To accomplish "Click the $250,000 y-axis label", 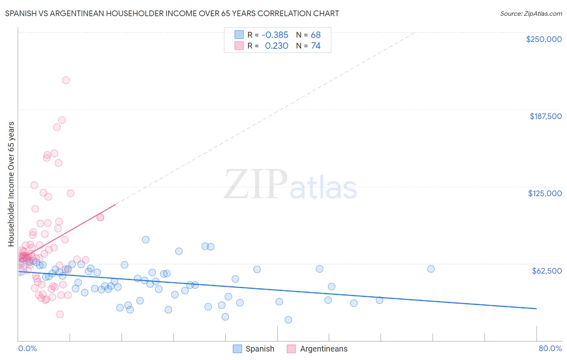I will pos(544,39).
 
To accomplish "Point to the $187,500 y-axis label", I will pos(545,116).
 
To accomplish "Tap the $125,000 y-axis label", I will pos(545,193).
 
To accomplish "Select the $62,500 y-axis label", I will pos(546,271).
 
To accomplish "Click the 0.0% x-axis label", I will pos(27,348).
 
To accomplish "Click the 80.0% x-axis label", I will pos(550,348).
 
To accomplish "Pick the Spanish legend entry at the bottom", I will pos(254,349).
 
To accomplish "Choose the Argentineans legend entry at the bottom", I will pos(317,349).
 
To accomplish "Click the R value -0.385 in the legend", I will pos(275,35).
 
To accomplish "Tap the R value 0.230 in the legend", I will pos(276,46).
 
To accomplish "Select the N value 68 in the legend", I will pos(315,35).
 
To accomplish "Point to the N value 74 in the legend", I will pos(315,46).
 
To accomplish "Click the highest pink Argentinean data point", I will pos(66,80).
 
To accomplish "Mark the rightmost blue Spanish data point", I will pos(431,269).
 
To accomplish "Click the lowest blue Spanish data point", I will pos(288,320).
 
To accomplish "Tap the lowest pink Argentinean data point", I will pos(60,314).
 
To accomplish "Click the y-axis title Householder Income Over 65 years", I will pos(11,184).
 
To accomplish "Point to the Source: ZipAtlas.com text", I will pos(531,13).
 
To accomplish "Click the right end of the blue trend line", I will pos(536,308).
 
